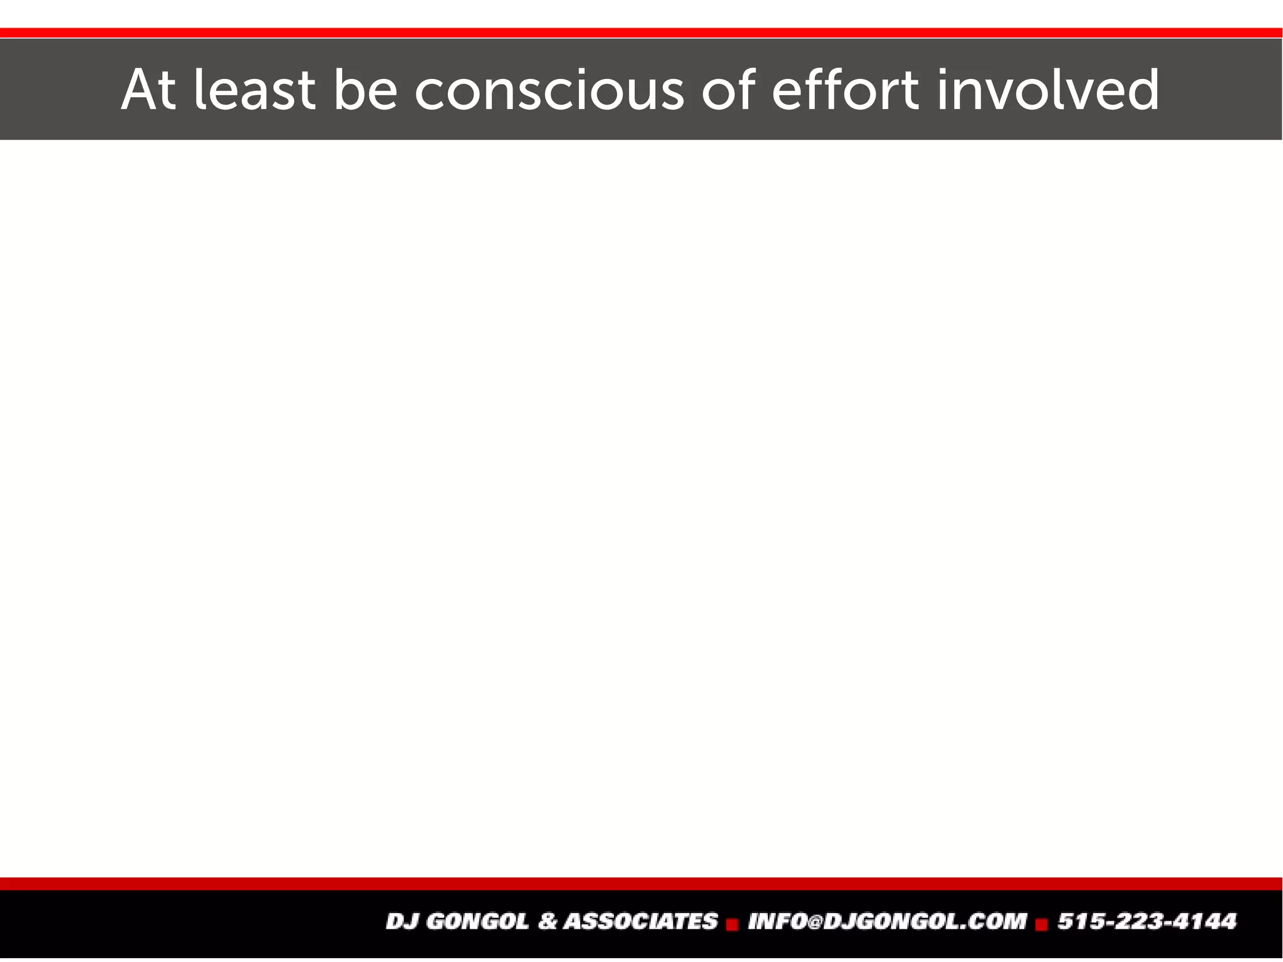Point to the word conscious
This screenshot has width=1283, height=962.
coord(549,91)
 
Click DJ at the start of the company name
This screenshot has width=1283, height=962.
coord(402,921)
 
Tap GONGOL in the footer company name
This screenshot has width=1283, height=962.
coord(477,921)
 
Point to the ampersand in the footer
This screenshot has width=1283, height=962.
coord(548,921)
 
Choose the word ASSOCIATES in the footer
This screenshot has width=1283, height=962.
coord(640,921)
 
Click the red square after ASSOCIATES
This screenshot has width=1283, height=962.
coord(732,924)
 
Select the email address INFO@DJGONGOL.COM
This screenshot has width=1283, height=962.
coord(887,921)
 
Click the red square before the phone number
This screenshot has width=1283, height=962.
coord(1042,924)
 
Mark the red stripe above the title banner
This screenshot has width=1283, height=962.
coord(641,33)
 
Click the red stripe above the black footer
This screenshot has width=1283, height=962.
coord(641,884)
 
